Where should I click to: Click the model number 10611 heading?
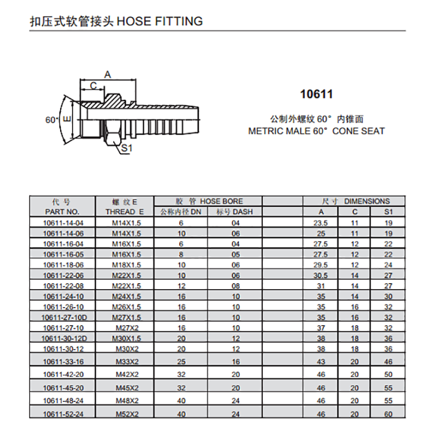[x=316, y=94]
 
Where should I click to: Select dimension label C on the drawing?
[x=93, y=86]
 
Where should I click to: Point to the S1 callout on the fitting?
[x=126, y=148]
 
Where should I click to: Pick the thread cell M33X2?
[x=127, y=361]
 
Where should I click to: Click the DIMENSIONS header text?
[x=367, y=201]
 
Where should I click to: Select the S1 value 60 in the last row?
[x=388, y=414]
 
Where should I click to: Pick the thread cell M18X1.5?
[x=127, y=264]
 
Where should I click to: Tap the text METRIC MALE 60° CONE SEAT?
[x=316, y=131]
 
